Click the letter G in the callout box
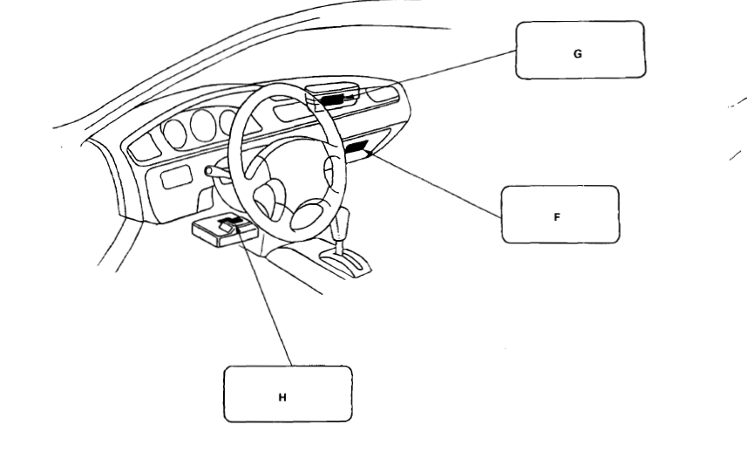(x=578, y=53)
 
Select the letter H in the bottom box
(x=281, y=396)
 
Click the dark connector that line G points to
(x=331, y=100)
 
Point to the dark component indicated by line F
(x=357, y=151)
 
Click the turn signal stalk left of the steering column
(x=215, y=175)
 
